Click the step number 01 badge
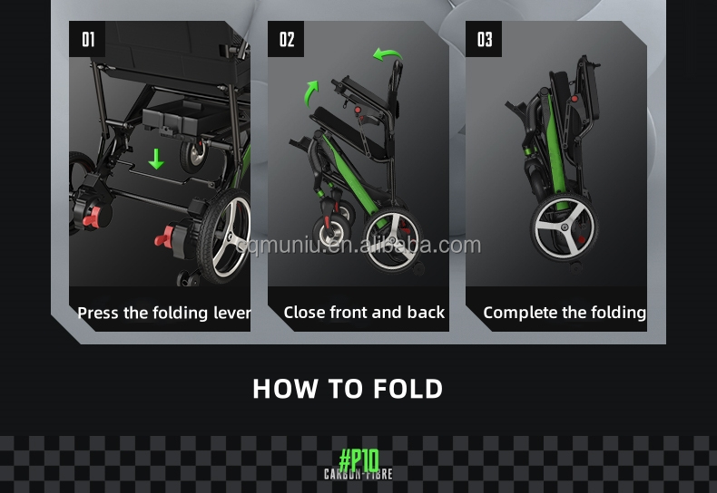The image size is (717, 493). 88,39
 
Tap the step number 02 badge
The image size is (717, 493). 287,39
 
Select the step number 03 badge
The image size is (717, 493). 485,39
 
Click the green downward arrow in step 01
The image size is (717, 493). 156,159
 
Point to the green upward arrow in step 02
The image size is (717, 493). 312,91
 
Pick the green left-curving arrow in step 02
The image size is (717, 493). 388,55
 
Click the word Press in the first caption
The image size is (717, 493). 98,313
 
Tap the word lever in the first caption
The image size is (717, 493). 232,313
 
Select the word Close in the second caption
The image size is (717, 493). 304,313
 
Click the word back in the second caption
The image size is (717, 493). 426,313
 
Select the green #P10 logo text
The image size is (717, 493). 358,459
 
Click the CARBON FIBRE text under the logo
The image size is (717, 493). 358,474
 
